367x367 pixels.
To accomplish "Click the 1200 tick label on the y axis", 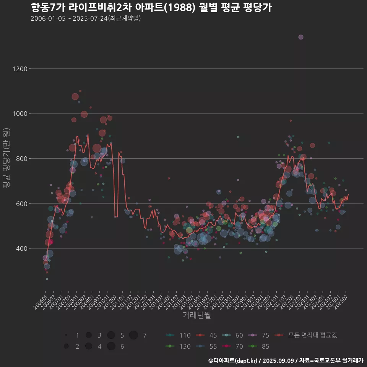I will point(19,69).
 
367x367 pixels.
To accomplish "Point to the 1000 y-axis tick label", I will point(19,114).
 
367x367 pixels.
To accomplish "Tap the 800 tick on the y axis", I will point(21,159).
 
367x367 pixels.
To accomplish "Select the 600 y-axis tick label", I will point(21,203).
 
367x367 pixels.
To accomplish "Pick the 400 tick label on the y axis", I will point(21,248).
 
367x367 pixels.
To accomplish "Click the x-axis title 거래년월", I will point(196,315).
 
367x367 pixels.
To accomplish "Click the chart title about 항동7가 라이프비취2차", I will point(151,8).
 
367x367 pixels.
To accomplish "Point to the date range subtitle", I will point(86,18).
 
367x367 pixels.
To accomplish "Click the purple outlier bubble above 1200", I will point(301,37).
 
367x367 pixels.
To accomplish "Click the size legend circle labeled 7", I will point(133,335).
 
